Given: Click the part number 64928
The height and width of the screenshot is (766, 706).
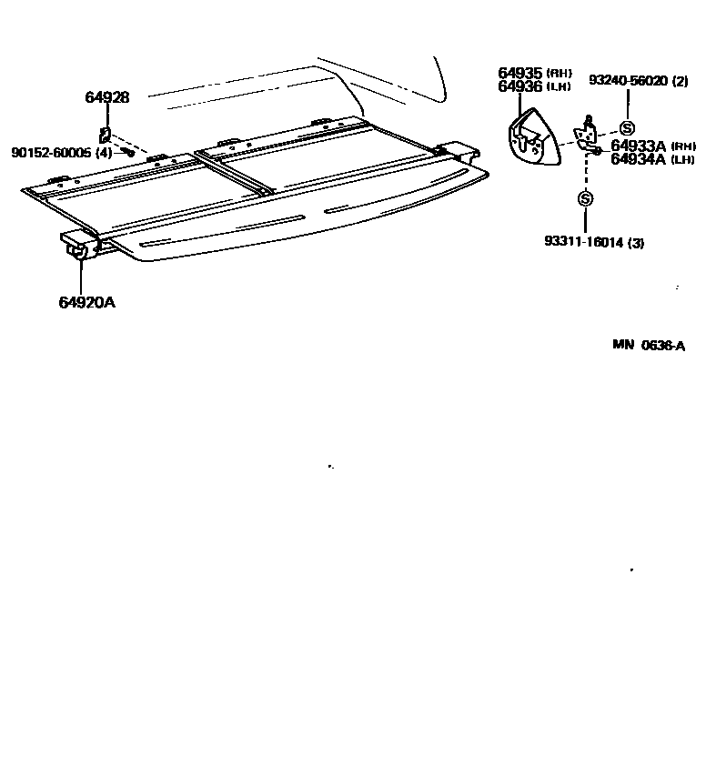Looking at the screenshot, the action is (106, 96).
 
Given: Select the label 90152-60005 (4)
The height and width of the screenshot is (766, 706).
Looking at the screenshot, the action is (62, 153).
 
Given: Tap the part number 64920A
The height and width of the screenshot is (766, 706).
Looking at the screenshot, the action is (87, 302).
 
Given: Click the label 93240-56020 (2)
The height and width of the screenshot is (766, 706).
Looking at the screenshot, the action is (638, 81).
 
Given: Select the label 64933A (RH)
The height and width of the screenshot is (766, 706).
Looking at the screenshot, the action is (653, 146).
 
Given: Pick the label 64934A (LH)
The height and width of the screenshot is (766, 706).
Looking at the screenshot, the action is (653, 159).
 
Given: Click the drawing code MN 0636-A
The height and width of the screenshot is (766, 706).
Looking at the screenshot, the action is (648, 345).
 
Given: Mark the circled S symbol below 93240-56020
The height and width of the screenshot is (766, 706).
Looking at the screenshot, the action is (626, 128).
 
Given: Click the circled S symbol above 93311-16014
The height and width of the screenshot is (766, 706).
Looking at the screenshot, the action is (585, 198).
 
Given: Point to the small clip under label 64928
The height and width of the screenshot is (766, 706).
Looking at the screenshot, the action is (106, 135).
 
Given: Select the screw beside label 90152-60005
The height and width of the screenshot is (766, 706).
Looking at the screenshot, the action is (130, 152).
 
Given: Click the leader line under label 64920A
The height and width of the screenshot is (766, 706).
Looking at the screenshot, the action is (82, 277).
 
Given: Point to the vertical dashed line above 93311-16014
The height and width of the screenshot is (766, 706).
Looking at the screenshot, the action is (585, 173).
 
